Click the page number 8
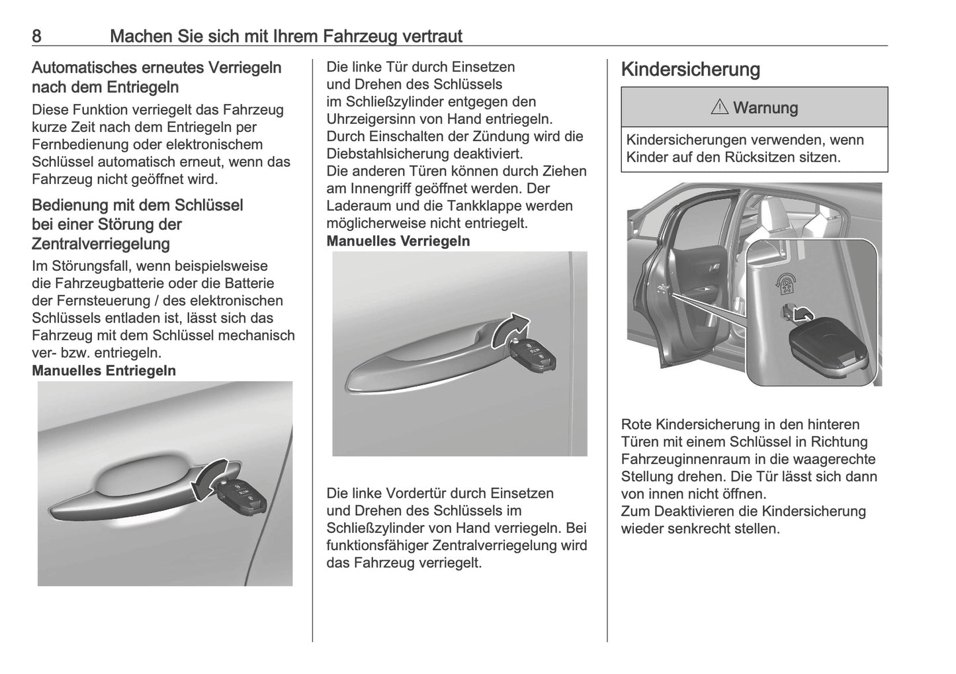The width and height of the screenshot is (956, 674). pos(37,36)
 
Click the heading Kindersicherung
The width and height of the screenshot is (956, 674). pos(690,70)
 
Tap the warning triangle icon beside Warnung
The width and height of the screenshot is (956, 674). pos(719,107)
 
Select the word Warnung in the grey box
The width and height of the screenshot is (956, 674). pos(765,108)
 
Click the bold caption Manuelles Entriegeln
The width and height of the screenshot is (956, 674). pos(104,371)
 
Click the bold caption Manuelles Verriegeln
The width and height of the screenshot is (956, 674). pos(398,241)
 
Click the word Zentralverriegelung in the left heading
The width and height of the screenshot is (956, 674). pos(101,244)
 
